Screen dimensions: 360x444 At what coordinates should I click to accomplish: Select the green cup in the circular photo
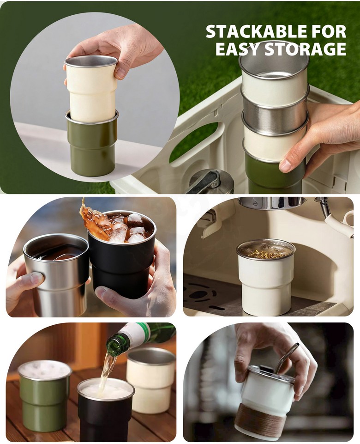click(x=92, y=143)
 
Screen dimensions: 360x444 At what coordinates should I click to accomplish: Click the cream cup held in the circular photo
click(x=91, y=88)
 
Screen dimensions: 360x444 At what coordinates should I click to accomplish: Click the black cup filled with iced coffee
click(x=121, y=255)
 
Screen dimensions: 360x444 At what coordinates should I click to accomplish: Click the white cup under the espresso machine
click(x=265, y=278)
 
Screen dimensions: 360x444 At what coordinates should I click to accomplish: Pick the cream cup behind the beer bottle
click(x=150, y=380)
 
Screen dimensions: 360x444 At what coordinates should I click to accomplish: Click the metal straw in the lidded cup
click(x=285, y=358)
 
